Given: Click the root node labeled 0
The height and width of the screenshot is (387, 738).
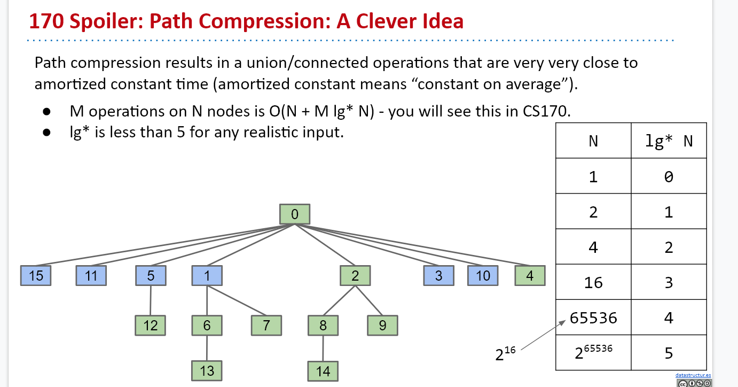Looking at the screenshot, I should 294,214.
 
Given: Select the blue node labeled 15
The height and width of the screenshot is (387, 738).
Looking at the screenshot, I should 36,275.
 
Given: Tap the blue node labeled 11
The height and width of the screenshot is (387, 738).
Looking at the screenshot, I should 91,275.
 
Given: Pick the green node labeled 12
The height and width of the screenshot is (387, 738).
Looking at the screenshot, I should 151,325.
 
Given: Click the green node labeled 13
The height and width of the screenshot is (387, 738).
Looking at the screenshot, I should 207,370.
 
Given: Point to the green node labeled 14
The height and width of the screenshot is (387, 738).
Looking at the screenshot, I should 323,371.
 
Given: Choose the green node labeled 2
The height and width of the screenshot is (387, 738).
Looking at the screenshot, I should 355,275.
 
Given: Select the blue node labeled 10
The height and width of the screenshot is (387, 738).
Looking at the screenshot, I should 483,275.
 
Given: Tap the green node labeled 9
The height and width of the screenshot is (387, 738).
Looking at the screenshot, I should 382,325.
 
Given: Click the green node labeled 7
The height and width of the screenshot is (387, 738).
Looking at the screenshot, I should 266,325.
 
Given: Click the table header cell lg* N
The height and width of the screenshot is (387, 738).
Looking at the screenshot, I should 669,141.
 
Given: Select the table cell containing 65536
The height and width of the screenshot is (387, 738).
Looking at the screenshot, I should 593,318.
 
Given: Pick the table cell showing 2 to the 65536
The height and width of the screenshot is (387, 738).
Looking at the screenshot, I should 593,352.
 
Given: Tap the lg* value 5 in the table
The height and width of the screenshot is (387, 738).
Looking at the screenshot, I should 669,353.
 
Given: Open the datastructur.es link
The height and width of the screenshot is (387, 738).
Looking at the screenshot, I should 693,375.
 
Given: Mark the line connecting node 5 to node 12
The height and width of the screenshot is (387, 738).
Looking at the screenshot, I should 151,300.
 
